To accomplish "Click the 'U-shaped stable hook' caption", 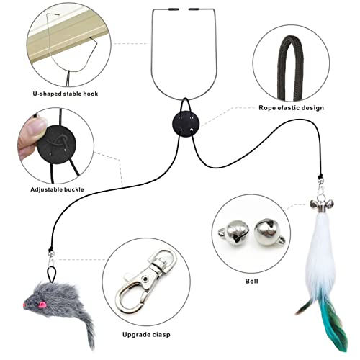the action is [66, 94].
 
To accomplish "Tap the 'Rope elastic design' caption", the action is [292, 108].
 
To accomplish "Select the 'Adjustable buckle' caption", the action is [57, 189].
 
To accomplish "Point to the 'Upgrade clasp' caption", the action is [146, 335].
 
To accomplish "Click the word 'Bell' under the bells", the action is [251, 281].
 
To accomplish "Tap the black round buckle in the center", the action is [186, 124].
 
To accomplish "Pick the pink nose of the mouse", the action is [24, 305].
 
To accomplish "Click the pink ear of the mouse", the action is [42, 305].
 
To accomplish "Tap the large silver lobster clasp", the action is [145, 282].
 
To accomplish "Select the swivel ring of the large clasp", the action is [163, 259].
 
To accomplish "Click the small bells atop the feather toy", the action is [322, 204].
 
